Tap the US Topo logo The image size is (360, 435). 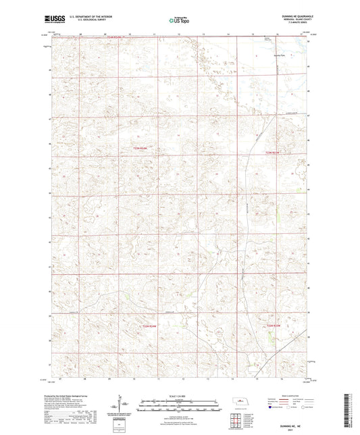click(x=179, y=21)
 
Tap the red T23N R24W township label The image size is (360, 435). click(x=140, y=149)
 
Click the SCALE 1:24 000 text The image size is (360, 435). click(x=180, y=396)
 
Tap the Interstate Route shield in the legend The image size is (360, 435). click(x=271, y=407)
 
